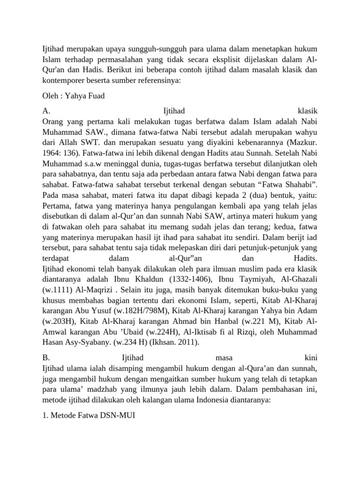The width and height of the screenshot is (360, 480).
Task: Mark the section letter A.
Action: click(45, 112)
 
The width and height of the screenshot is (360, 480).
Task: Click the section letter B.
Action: click(45, 357)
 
